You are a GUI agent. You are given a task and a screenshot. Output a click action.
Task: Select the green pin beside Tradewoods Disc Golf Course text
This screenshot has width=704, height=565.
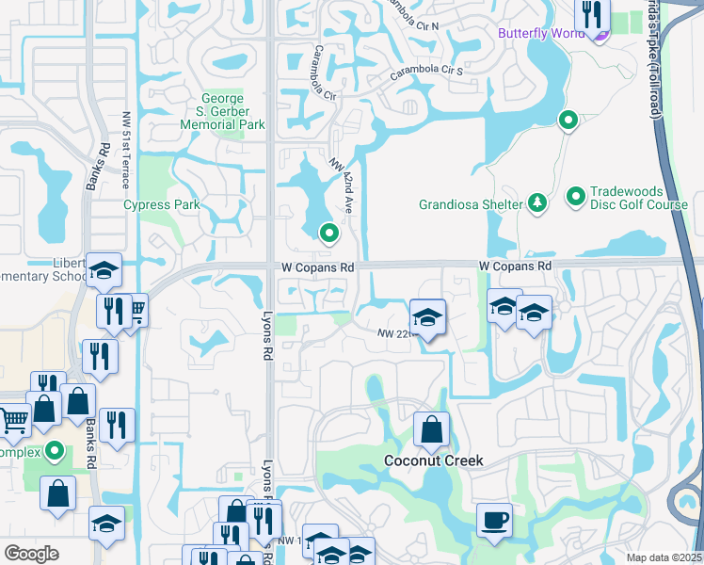click(576, 197)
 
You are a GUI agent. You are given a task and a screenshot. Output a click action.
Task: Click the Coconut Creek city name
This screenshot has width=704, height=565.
click(434, 460)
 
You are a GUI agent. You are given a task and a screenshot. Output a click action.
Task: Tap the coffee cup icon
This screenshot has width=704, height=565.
click(493, 520)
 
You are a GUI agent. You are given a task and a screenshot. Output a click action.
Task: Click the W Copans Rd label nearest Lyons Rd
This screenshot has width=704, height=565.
click(317, 267)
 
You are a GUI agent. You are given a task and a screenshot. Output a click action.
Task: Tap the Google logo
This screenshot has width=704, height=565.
click(32, 553)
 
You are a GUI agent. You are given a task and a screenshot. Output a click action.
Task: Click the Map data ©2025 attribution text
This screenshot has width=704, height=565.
click(664, 557)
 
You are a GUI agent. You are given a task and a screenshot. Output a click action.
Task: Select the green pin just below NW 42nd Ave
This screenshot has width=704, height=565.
click(328, 232)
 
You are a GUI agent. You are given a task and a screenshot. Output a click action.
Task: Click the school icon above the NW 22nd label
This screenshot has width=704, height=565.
click(426, 316)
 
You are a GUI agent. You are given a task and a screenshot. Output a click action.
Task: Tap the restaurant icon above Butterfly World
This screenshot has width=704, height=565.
click(592, 14)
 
